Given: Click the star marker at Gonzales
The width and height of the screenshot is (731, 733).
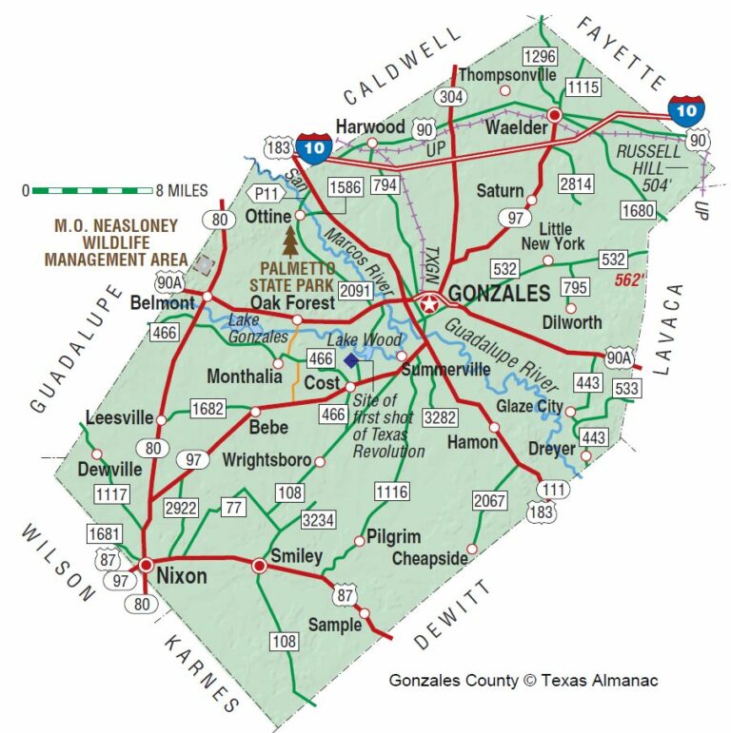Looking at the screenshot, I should point(429,305).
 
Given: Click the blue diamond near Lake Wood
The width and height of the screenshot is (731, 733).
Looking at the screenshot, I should point(352,359).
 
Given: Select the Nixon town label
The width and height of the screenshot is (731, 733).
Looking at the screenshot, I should point(182,575).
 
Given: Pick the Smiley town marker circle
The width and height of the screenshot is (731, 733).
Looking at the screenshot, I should point(258,566).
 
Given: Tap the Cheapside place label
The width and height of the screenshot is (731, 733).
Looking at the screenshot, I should point(430,558).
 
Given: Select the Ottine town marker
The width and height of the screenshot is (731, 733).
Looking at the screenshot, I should point(300,216).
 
